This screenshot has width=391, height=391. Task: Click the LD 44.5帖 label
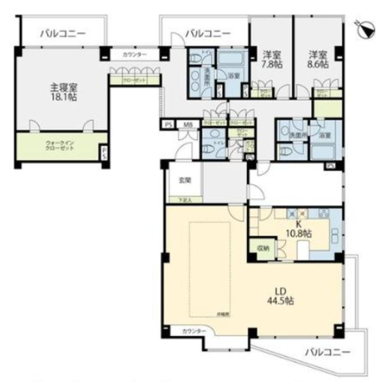(x=282, y=295)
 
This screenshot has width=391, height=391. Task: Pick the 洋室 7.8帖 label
(x=272, y=59)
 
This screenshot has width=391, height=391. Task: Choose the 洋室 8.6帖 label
(x=319, y=59)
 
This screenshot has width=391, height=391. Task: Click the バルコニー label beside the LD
(x=328, y=352)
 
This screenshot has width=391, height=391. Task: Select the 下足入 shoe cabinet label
(x=183, y=200)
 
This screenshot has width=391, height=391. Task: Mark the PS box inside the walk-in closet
(x=104, y=152)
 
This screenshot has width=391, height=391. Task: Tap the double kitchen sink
(x=336, y=234)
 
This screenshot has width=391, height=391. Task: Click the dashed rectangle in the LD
(x=209, y=270)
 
